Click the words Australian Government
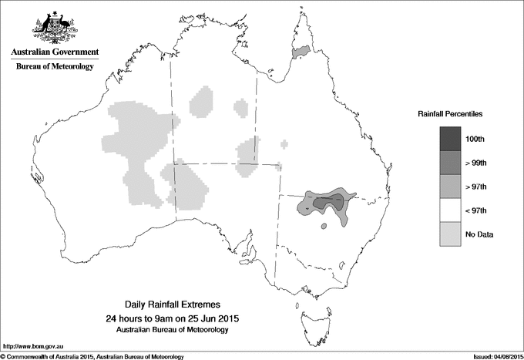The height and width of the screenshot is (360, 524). click(x=54, y=52)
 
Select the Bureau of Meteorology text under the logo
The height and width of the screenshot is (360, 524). click(x=54, y=67)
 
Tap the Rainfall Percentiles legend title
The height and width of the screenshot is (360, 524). click(x=450, y=114)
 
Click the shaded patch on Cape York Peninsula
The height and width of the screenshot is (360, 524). click(x=301, y=52)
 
